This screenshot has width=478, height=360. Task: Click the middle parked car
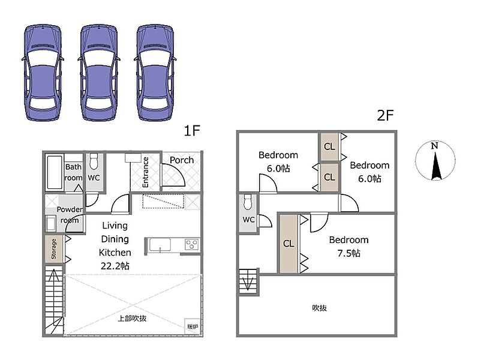(99, 73)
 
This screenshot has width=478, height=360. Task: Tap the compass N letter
(434, 146)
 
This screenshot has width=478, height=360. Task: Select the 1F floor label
(192, 131)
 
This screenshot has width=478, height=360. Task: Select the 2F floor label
(385, 115)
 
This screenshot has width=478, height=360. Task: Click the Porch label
(182, 160)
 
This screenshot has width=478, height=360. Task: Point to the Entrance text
(145, 172)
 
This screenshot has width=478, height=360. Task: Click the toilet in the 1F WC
(94, 161)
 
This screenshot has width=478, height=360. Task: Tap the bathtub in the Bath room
(55, 173)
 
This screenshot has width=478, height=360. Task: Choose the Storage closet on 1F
(54, 248)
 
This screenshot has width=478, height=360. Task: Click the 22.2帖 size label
(115, 266)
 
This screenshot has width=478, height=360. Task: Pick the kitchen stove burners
(192, 245)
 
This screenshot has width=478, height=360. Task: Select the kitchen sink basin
(160, 245)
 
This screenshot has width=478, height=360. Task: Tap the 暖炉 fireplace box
(193, 327)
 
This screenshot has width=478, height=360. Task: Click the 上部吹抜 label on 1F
(132, 319)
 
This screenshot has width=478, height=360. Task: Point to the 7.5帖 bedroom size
(348, 253)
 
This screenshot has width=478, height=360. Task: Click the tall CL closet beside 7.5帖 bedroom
(288, 244)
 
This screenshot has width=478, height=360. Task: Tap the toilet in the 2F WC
(248, 202)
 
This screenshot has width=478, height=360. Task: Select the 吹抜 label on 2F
(319, 308)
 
